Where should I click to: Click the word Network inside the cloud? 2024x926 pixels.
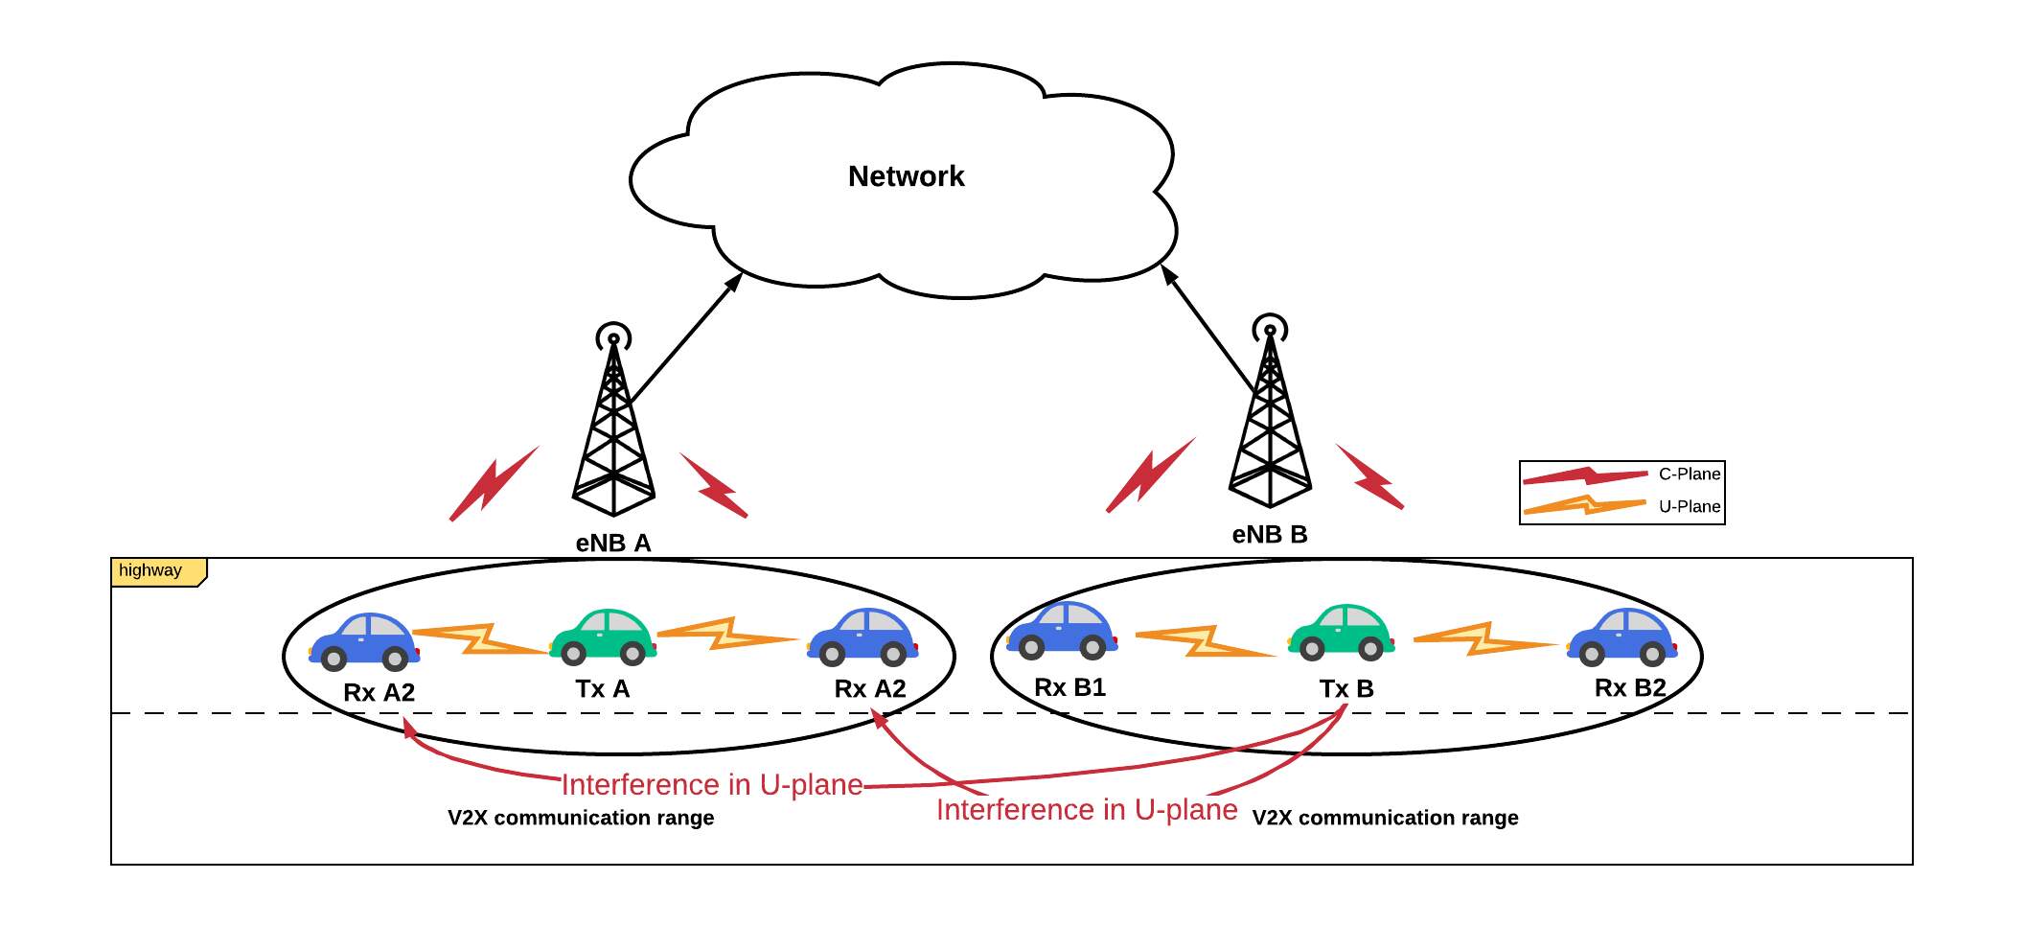tap(906, 176)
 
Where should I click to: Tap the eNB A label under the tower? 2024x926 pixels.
tap(613, 543)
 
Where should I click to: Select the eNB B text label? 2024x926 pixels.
tap(1269, 535)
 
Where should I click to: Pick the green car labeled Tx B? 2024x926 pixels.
tap(1342, 634)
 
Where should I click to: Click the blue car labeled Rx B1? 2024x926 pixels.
tap(1062, 631)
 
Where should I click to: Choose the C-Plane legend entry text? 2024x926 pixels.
tap(1689, 474)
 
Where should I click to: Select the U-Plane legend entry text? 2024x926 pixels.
tap(1689, 506)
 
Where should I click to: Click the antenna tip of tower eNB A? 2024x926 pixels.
tap(613, 337)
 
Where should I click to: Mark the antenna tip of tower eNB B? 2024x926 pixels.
tap(1270, 329)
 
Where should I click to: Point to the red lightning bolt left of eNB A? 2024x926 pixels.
tap(494, 484)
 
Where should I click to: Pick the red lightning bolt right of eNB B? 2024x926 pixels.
tap(1370, 476)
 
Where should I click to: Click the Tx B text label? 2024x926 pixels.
tap(1345, 688)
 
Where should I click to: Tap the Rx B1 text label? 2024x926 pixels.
tap(1069, 687)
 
